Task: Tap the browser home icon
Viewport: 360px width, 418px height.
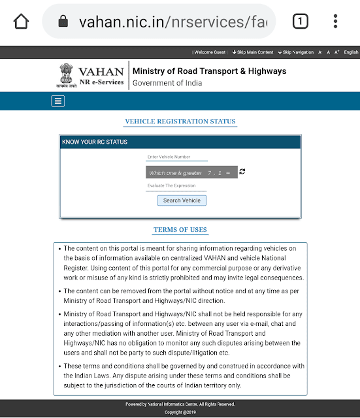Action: (22, 22)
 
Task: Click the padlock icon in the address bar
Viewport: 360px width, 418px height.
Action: (63, 22)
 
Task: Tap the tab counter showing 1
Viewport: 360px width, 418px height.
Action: (300, 22)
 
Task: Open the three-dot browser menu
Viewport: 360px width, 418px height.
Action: (335, 22)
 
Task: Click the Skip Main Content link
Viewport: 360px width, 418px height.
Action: (252, 52)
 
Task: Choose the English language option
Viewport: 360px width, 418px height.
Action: (351, 52)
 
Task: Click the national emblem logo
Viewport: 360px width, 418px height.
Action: (63, 75)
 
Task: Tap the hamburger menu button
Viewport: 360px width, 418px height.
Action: (58, 101)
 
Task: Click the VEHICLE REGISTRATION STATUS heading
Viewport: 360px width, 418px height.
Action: (180, 121)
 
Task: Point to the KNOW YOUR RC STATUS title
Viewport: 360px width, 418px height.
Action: (95, 142)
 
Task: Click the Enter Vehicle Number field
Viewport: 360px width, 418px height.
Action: (176, 157)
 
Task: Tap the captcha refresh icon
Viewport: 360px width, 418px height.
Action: (242, 171)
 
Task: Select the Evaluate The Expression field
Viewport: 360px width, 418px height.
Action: (176, 186)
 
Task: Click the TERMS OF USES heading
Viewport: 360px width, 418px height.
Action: (180, 230)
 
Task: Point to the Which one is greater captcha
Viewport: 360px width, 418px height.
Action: (191, 172)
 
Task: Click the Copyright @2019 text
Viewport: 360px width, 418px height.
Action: (180, 413)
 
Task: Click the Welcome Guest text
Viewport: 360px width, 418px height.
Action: (210, 52)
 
